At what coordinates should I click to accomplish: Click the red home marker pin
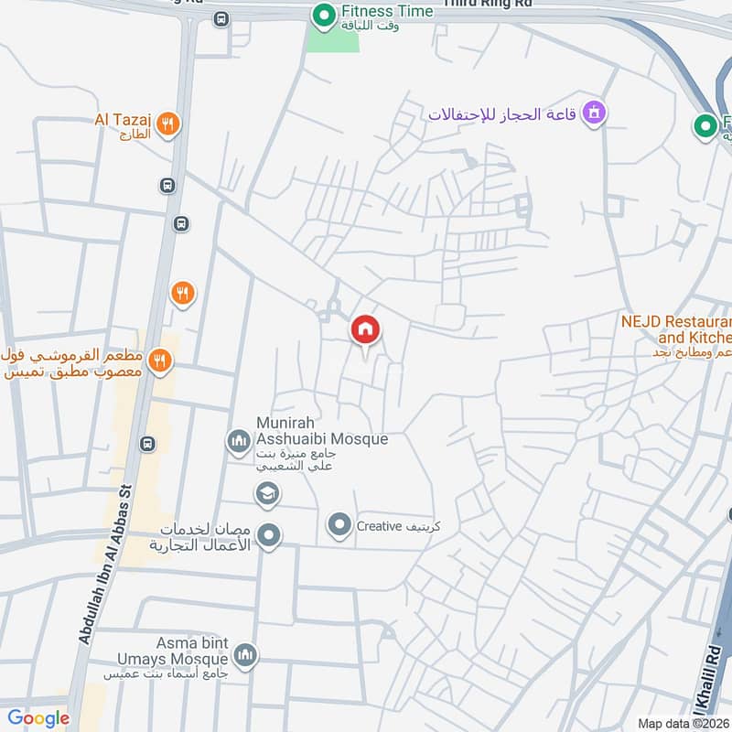365,330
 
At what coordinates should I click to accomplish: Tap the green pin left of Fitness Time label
322,15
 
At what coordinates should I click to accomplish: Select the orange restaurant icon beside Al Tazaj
167,124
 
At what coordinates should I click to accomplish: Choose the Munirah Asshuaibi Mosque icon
239,442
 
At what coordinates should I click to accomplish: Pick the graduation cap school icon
267,495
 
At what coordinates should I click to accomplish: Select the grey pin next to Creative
339,525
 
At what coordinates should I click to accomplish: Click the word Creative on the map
380,526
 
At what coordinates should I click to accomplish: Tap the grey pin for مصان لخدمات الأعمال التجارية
268,536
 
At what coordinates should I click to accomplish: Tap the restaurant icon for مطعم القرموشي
161,361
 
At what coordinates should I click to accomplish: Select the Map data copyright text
683,724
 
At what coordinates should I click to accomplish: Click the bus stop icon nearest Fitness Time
220,18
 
